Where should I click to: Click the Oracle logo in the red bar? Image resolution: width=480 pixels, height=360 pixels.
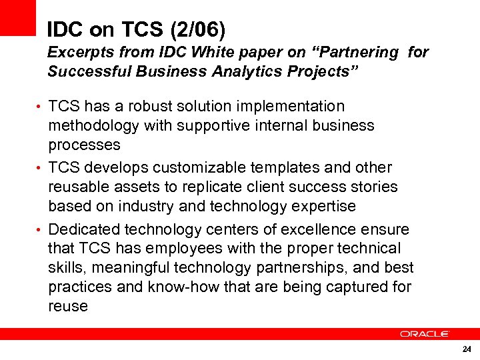point(424,334)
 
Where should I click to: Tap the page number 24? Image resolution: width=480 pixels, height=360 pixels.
point(466,350)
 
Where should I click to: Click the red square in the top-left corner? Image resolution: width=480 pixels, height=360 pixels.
point(17,17)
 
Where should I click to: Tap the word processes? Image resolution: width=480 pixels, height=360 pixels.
point(84,145)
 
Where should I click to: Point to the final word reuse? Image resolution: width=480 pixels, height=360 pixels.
point(68,307)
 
